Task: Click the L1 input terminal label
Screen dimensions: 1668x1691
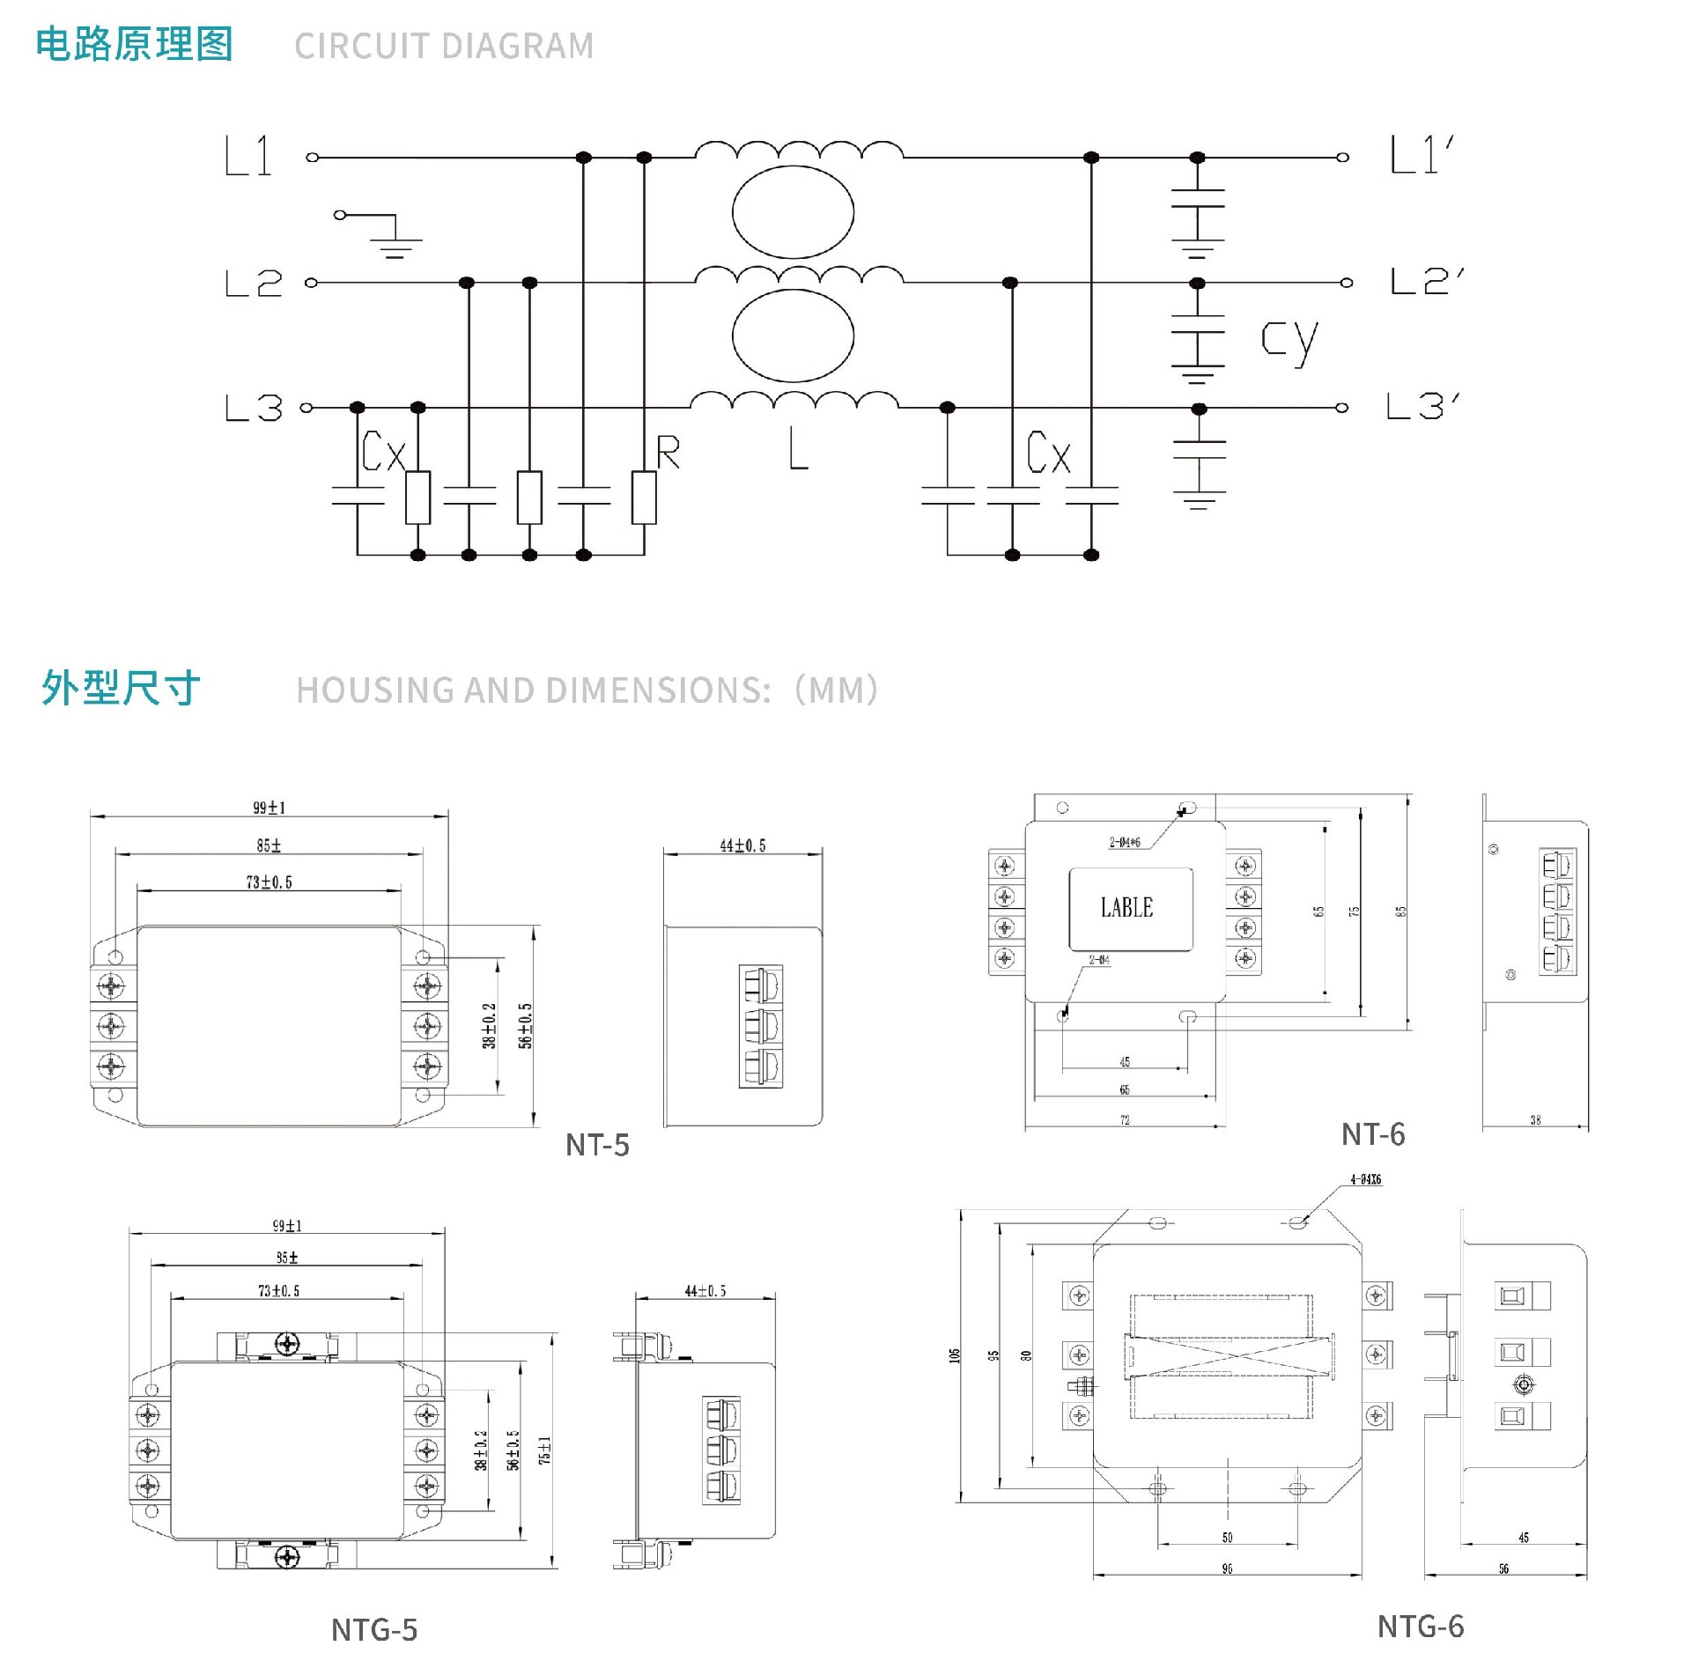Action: (248, 157)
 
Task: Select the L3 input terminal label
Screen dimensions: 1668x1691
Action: (254, 408)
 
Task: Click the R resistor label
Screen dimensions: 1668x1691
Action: (668, 452)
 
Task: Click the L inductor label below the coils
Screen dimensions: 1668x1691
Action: (798, 449)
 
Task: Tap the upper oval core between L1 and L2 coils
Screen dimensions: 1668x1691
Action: (793, 212)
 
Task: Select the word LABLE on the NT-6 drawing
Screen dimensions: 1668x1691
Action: (1126, 907)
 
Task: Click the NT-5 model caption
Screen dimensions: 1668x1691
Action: (597, 1145)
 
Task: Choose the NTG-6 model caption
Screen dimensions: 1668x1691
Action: (1420, 1627)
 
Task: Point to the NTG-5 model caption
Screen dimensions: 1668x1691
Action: (374, 1630)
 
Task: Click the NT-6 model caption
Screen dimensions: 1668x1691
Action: (1373, 1134)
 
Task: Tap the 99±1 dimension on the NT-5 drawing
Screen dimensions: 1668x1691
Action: (270, 808)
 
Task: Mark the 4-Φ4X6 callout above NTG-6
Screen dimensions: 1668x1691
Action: (1365, 1179)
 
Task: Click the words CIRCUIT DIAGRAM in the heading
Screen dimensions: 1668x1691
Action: (444, 46)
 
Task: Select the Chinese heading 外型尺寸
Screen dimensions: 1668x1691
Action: (122, 688)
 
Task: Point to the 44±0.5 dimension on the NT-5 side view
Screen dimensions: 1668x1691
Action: (742, 845)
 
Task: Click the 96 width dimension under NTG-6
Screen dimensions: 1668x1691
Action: (1227, 1568)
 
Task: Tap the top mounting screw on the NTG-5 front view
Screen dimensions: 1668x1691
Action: (287, 1343)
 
